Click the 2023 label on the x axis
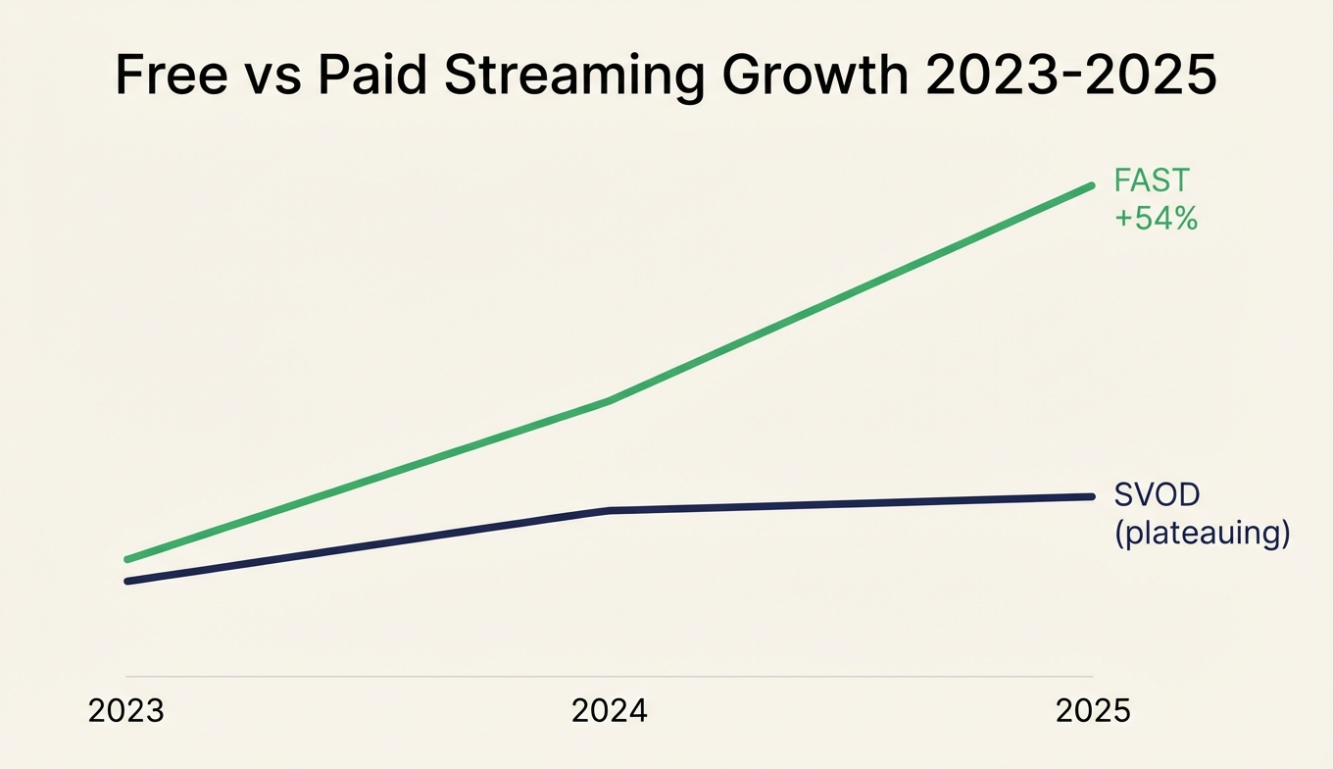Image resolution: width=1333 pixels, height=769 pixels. pyautogui.click(x=126, y=711)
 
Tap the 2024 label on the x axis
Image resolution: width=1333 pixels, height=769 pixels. pyautogui.click(x=610, y=711)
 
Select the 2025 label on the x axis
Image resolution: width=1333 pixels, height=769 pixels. pyautogui.click(x=1092, y=711)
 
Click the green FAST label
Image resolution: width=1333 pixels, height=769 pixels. pyautogui.click(x=1152, y=180)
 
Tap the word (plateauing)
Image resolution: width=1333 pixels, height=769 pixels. pyautogui.click(x=1202, y=534)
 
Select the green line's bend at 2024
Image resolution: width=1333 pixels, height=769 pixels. pyautogui.click(x=610, y=400)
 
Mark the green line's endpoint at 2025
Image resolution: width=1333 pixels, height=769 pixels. pyautogui.click(x=1091, y=185)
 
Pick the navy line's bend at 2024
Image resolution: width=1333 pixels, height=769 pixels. pyautogui.click(x=610, y=510)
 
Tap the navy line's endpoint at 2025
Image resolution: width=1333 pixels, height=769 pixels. pyautogui.click(x=1091, y=496)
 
